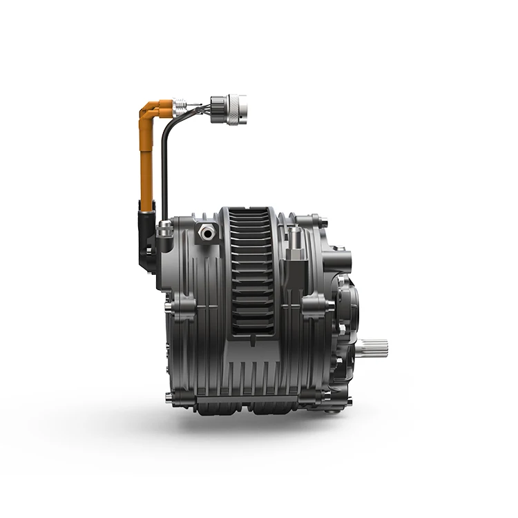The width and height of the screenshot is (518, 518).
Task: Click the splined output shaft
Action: click(x=377, y=347)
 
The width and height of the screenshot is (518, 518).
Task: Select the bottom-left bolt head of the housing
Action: click(x=170, y=396)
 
